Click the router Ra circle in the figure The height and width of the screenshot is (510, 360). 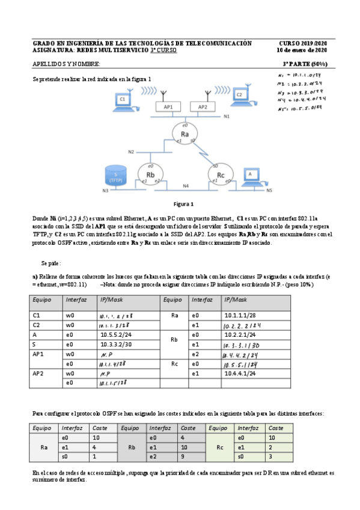coord(185,133)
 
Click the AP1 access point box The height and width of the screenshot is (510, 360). coord(168,106)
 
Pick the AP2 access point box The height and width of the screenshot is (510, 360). coord(203,106)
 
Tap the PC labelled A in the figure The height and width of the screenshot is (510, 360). coord(252,176)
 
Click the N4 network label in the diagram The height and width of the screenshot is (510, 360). coord(186,186)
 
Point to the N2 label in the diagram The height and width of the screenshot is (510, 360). coord(131,152)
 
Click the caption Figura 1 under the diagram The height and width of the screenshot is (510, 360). coord(183,204)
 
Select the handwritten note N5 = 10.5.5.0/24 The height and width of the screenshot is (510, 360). coord(302,109)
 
